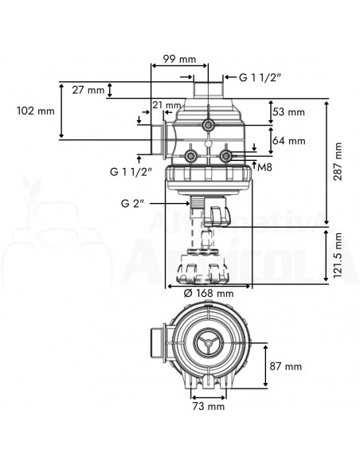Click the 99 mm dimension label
179,59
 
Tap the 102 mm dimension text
36,111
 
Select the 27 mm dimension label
88,89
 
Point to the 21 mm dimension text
166,104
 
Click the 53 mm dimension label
288,111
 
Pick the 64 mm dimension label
289,140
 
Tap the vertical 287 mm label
338,162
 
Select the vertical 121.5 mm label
338,256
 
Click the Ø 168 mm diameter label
209,293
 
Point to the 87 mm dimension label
286,366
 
